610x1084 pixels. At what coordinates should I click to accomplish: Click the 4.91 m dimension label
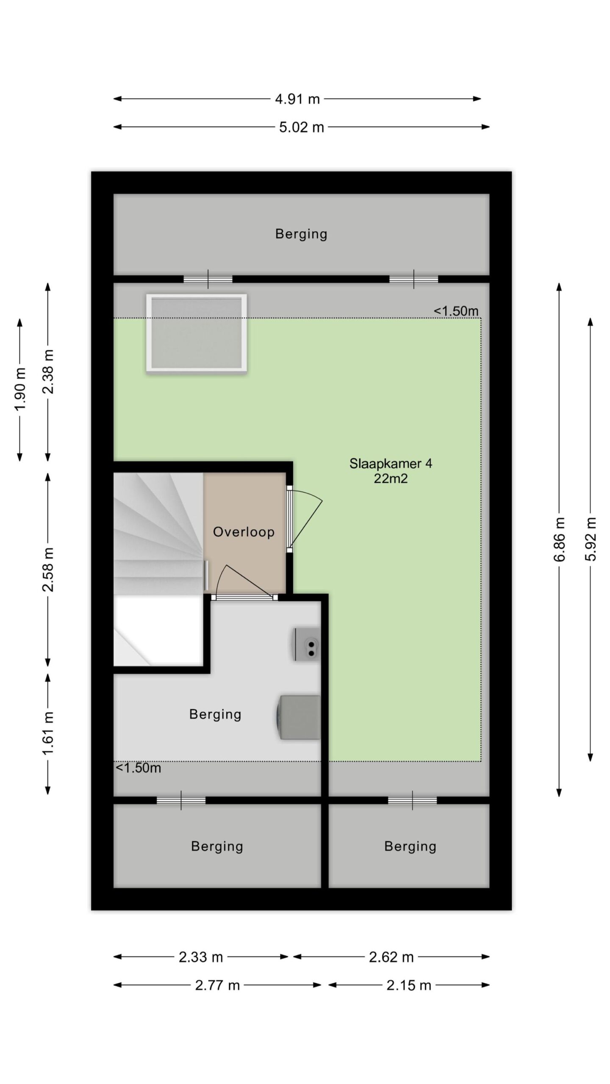[x=297, y=99]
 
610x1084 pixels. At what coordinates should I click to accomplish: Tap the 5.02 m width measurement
[x=301, y=127]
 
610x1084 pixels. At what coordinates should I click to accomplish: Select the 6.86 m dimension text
[x=559, y=539]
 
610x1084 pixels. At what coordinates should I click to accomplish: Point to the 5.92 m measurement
[x=591, y=539]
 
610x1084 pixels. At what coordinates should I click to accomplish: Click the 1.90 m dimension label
[x=20, y=389]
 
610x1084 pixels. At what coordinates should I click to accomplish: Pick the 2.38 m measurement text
[x=48, y=371]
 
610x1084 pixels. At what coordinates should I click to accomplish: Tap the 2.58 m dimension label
[x=48, y=569]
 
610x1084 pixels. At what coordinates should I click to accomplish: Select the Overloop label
[x=244, y=532]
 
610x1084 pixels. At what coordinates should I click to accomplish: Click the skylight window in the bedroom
[x=197, y=333]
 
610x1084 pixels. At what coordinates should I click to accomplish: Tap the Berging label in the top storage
[x=301, y=234]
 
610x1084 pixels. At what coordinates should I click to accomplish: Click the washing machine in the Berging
[x=297, y=717]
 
